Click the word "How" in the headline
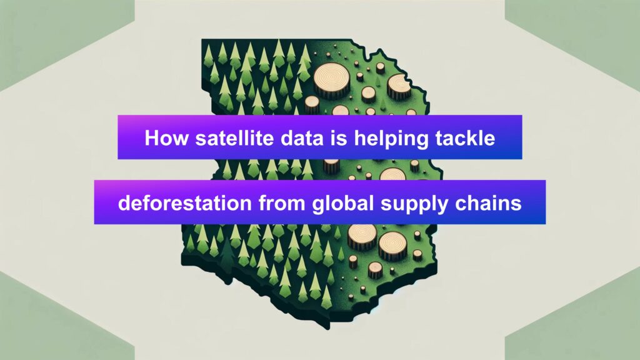pos(166,138)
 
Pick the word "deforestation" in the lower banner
pos(185,203)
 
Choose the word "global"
pos(343,204)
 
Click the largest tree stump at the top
pos(331,81)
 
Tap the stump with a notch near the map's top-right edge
pos(399,86)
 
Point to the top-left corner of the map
pos(202,40)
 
